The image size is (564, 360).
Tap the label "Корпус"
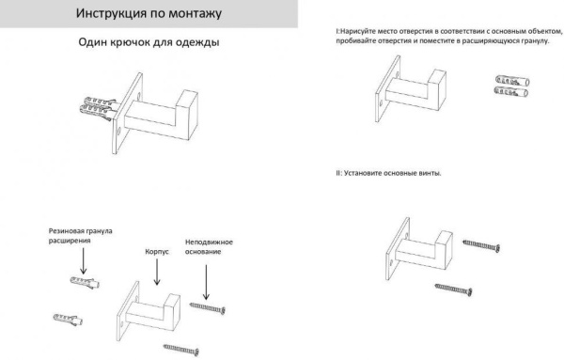pos(156,253)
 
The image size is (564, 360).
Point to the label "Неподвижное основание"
pos(209,247)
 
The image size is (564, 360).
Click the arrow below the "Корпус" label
pos(156,273)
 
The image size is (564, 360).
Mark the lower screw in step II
pos(455,290)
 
